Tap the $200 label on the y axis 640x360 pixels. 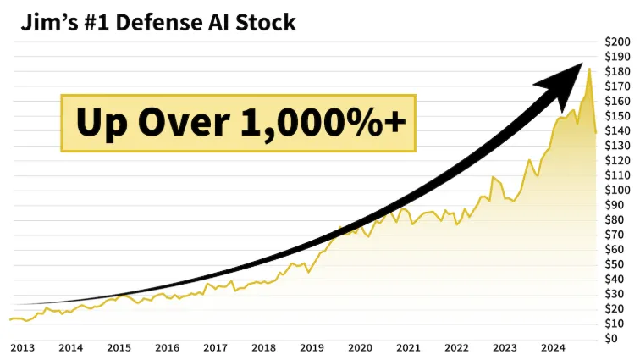(617, 42)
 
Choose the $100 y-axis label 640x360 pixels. (617, 190)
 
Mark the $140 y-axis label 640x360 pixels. (617, 130)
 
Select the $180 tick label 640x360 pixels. (617, 71)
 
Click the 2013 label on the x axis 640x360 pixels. (22, 347)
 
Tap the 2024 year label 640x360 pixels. (554, 347)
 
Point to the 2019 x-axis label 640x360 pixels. (312, 347)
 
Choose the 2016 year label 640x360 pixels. (168, 347)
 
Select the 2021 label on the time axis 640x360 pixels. (409, 347)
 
